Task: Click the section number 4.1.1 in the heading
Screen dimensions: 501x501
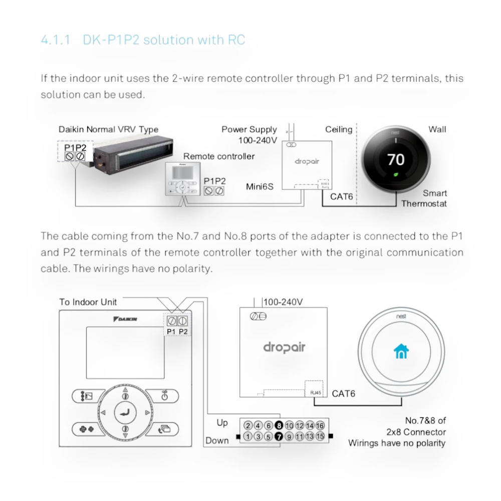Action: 57,40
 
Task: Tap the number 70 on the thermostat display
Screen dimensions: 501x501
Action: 396,159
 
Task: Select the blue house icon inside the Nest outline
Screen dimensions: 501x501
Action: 401,352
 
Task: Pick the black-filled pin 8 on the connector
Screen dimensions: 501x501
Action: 279,426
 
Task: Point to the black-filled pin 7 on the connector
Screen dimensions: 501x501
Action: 279,436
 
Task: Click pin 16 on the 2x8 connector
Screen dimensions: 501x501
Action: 320,426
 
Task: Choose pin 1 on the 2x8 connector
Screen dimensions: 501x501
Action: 247,436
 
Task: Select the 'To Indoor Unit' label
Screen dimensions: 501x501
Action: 88,302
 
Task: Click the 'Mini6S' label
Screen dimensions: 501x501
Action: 260,187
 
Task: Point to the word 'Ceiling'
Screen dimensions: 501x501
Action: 339,130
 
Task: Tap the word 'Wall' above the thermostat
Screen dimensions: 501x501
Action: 437,130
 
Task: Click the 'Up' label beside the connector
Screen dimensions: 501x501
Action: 222,423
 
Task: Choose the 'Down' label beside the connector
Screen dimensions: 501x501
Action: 217,441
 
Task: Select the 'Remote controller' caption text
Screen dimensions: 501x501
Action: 219,156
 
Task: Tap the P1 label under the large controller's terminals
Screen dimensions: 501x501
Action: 171,331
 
